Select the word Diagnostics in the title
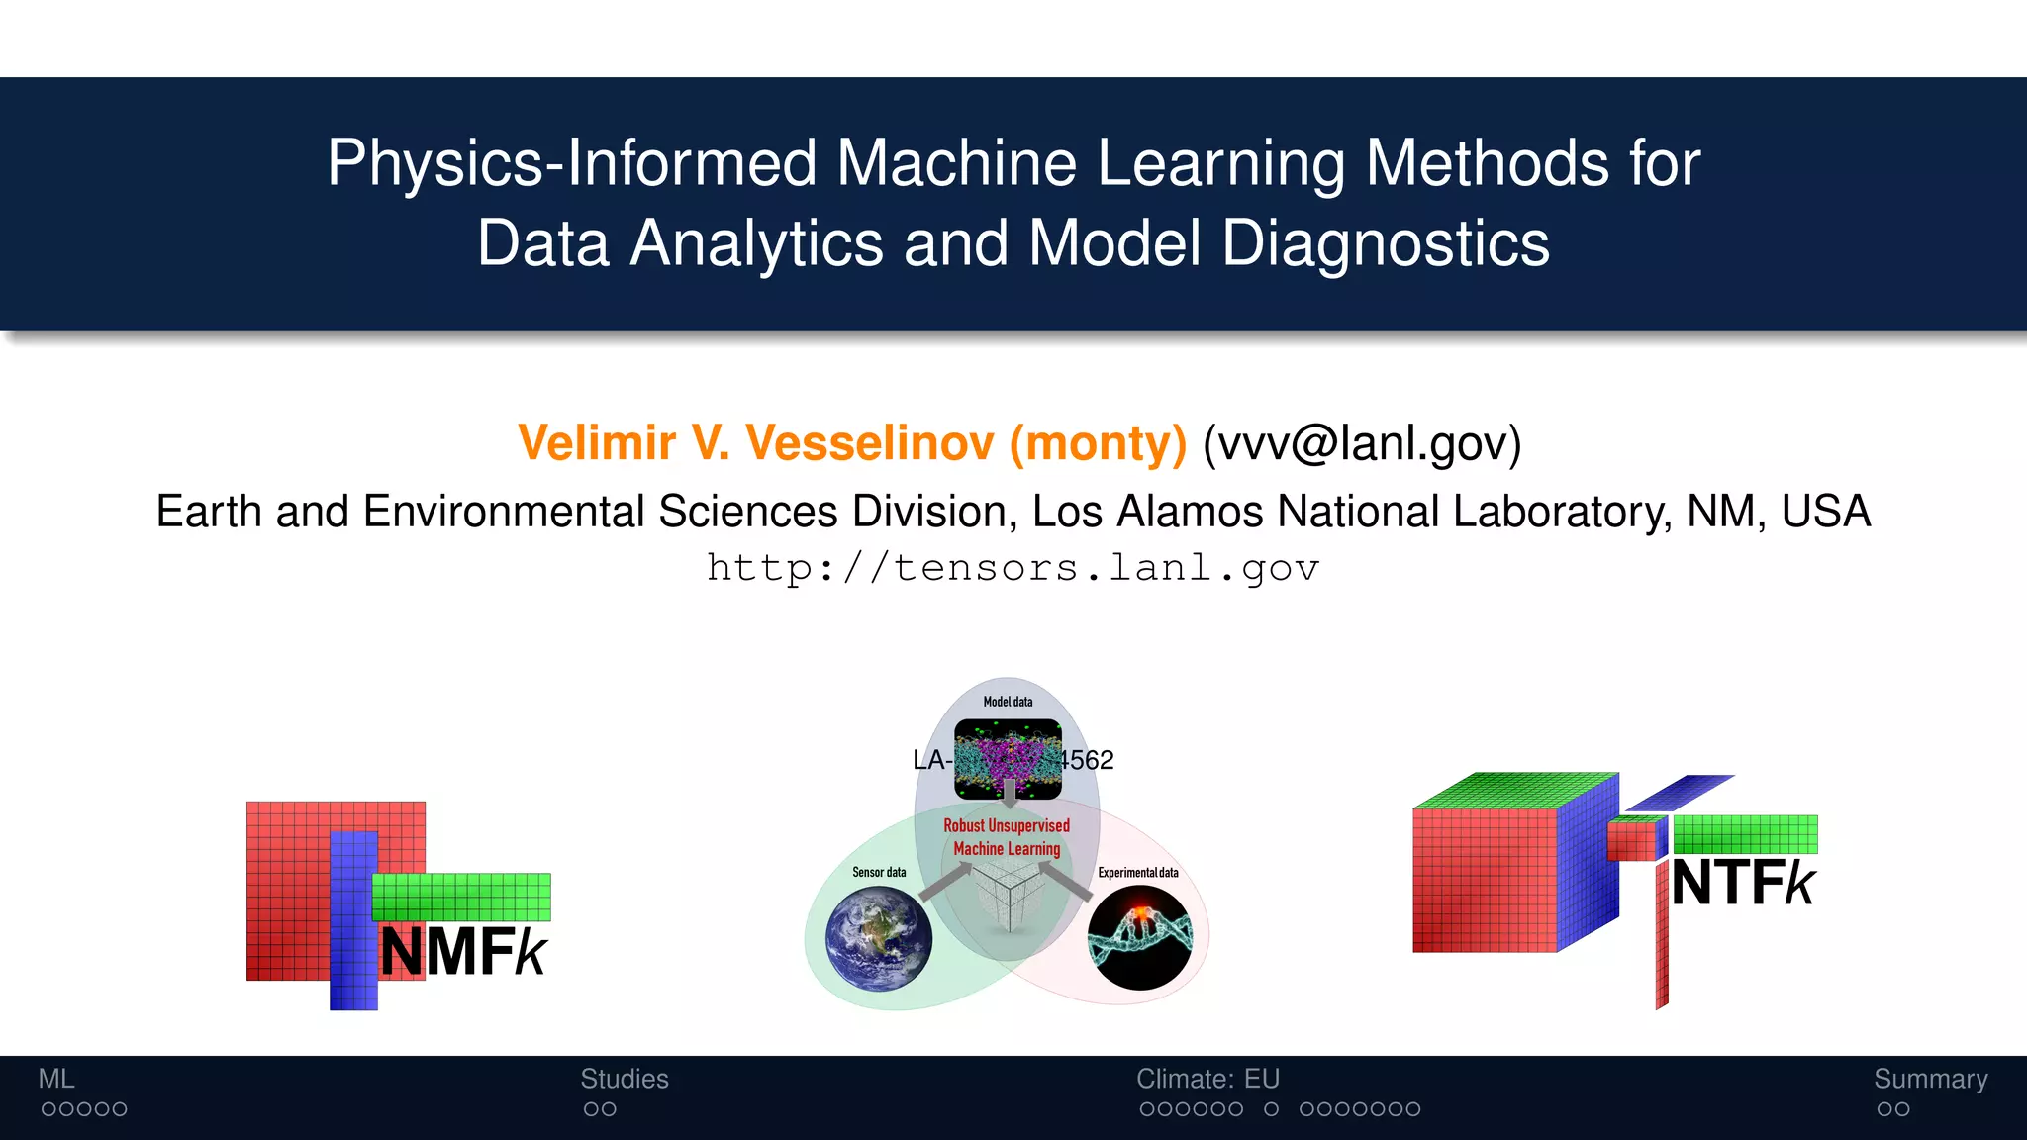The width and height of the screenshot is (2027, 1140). click(x=1385, y=243)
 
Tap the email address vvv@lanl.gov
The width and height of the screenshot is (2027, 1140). click(x=1361, y=442)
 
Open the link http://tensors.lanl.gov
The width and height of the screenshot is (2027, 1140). click(x=1013, y=568)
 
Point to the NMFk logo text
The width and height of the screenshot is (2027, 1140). click(x=463, y=952)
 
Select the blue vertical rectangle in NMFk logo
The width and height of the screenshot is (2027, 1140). click(x=353, y=920)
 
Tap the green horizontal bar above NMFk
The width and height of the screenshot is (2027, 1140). click(x=461, y=897)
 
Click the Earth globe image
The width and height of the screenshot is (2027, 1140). click(x=879, y=938)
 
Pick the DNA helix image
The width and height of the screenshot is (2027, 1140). click(x=1140, y=937)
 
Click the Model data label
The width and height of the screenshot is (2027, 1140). click(x=1008, y=702)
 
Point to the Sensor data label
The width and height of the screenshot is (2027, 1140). click(x=879, y=872)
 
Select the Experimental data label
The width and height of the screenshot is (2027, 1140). click(x=1138, y=872)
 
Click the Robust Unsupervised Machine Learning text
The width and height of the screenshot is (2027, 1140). click(x=1007, y=837)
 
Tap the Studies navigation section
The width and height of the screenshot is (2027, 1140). click(x=625, y=1079)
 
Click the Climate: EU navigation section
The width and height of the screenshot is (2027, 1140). click(x=1207, y=1079)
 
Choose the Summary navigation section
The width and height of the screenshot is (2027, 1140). click(x=1930, y=1079)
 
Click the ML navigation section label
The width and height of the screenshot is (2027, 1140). click(x=56, y=1079)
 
